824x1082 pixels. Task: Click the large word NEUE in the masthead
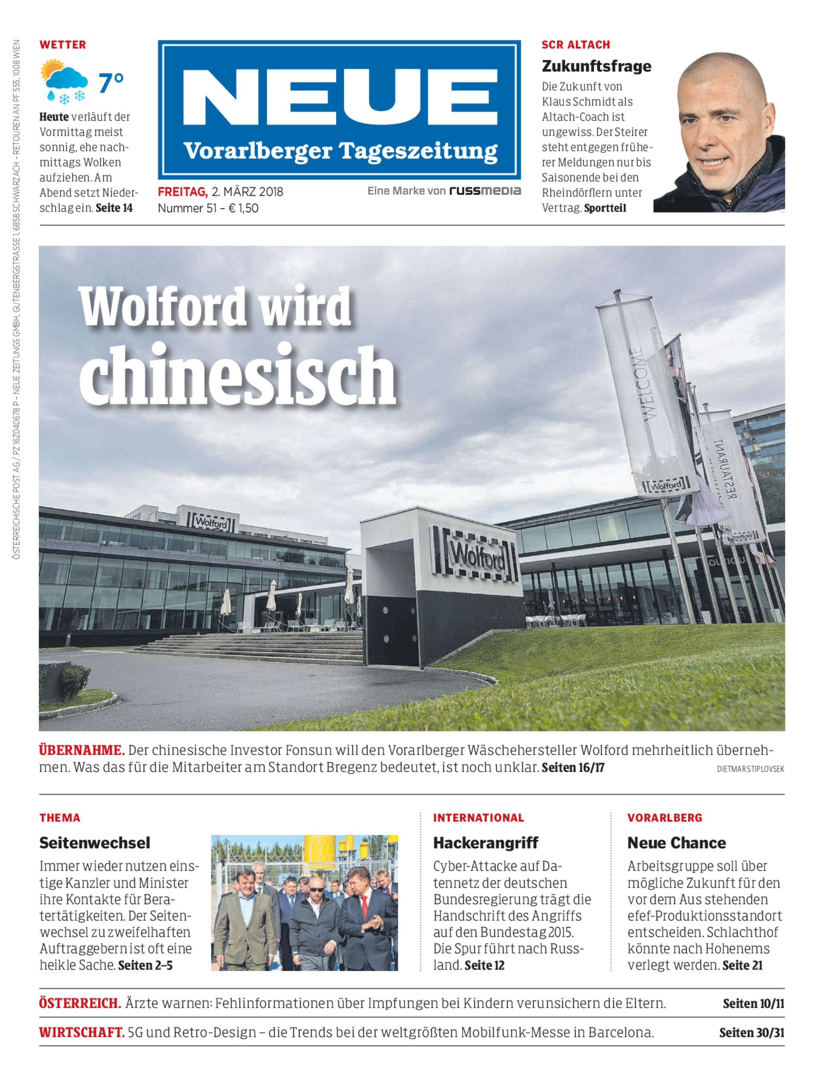(340, 97)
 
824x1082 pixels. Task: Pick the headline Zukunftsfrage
(596, 66)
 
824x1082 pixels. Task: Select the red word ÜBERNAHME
(81, 750)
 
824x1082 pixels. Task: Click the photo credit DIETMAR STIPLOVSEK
(750, 769)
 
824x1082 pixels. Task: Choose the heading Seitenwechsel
(95, 843)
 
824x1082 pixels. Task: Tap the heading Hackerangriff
(485, 843)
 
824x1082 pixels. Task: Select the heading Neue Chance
(676, 843)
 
